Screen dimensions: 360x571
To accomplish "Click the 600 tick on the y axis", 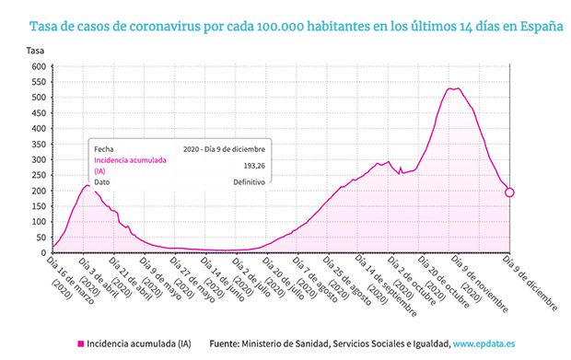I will click(x=37, y=67).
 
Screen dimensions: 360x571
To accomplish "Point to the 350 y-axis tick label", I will click(x=37, y=145).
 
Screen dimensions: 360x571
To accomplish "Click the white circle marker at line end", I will click(x=509, y=192).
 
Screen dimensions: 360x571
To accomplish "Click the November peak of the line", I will click(x=454, y=88).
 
